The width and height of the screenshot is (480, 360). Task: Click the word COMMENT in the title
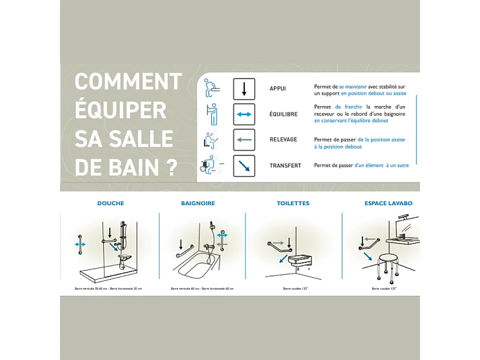click(x=128, y=82)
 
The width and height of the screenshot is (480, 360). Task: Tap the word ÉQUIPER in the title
click(x=120, y=110)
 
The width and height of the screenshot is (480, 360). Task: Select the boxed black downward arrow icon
click(x=244, y=89)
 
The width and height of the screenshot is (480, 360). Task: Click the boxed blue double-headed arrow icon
click(x=244, y=114)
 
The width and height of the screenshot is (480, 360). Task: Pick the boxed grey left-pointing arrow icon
click(x=244, y=140)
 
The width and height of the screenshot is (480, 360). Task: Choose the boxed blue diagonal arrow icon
click(x=244, y=166)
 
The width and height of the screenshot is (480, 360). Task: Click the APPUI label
click(x=278, y=89)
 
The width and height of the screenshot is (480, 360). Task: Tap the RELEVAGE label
click(x=283, y=140)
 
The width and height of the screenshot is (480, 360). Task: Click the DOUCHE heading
click(x=110, y=203)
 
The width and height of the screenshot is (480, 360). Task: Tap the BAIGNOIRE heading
click(x=198, y=203)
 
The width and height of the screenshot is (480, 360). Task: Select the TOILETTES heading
click(x=293, y=203)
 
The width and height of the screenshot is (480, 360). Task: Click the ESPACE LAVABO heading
click(x=388, y=203)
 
